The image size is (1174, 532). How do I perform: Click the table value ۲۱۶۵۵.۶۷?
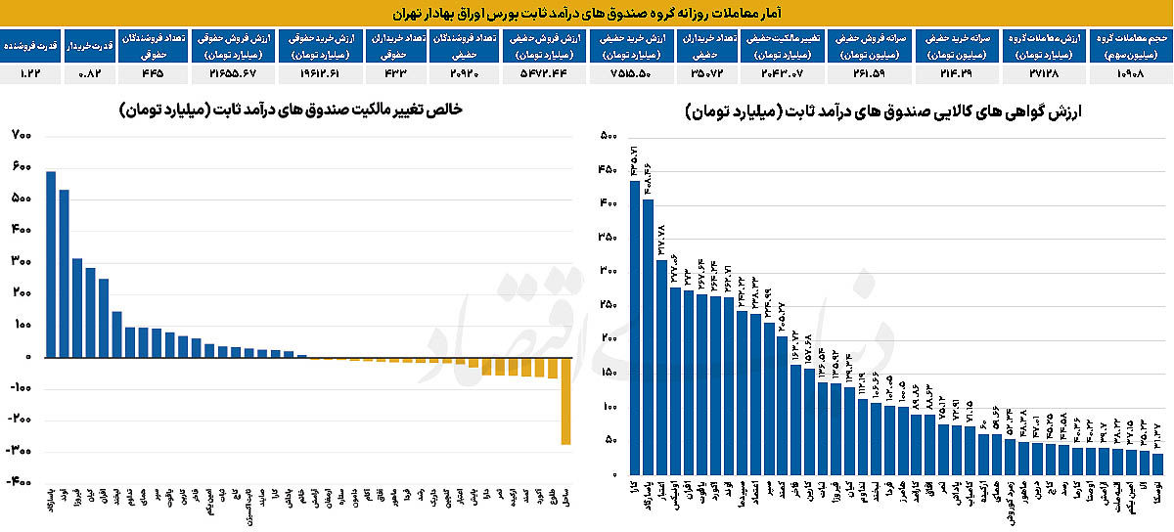[x=232, y=73]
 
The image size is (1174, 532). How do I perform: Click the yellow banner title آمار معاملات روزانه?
[x=587, y=14]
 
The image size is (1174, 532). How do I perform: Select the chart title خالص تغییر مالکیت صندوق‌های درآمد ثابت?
[x=293, y=111]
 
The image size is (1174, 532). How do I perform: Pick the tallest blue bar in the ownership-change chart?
[x=51, y=264]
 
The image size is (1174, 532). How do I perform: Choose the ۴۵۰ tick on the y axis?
[x=607, y=170]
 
